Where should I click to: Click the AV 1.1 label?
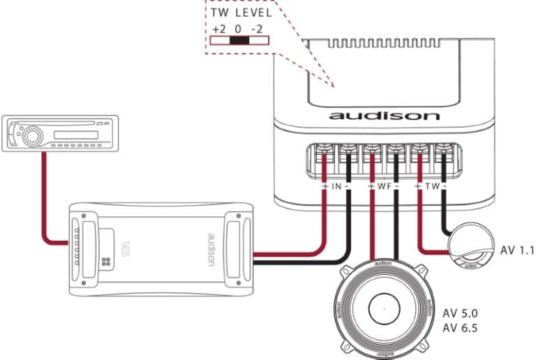pos(516,250)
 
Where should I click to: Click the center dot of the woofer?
pos(383,307)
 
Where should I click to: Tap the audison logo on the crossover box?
pos(385,115)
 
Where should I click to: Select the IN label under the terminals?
pos(336,187)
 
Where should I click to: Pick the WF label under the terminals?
pos(382,187)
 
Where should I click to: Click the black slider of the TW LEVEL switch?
pos(239,41)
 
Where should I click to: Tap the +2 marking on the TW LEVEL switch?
pos(216,29)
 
